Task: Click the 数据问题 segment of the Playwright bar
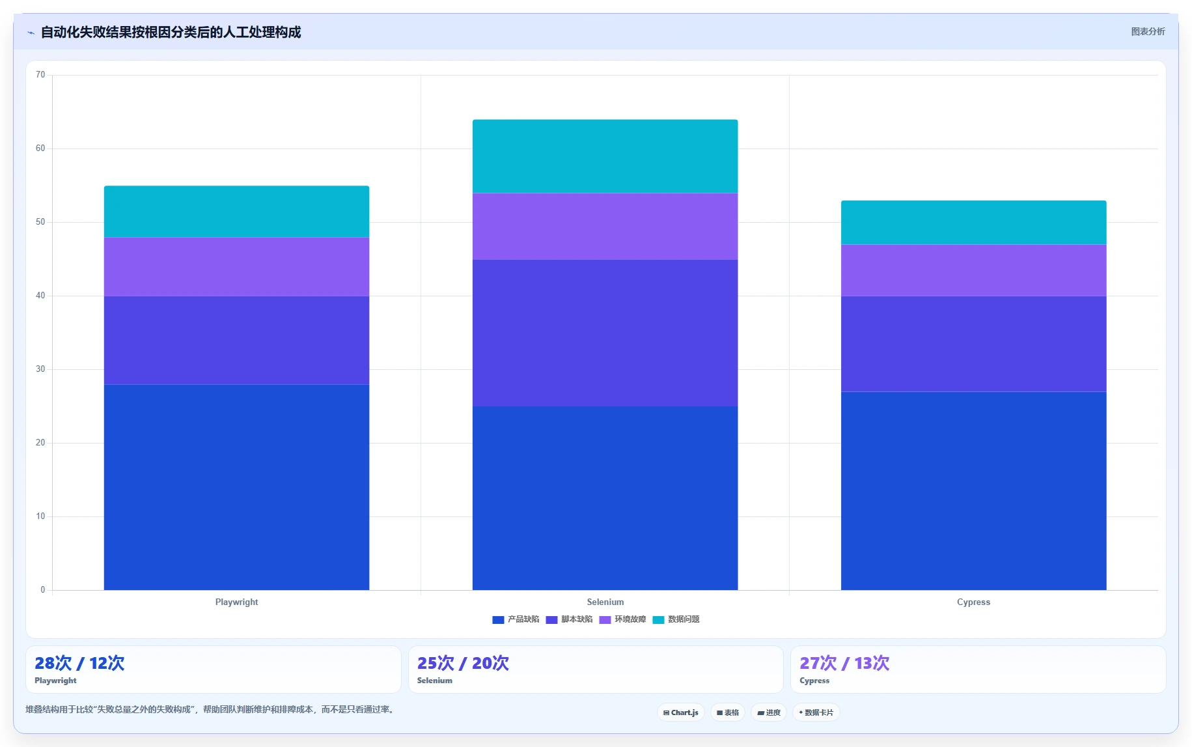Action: pyautogui.click(x=236, y=212)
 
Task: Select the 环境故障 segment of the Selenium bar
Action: pyautogui.click(x=605, y=227)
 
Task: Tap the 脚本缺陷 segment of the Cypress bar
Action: pyautogui.click(x=973, y=344)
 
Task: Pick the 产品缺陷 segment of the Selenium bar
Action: pyautogui.click(x=605, y=498)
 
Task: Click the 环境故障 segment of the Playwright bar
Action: pyautogui.click(x=236, y=267)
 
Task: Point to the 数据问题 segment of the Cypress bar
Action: pyautogui.click(x=973, y=223)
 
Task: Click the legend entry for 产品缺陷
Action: pyautogui.click(x=516, y=619)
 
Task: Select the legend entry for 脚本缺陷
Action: pyautogui.click(x=569, y=619)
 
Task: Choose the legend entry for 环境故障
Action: pyautogui.click(x=622, y=619)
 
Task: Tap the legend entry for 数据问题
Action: pyautogui.click(x=676, y=619)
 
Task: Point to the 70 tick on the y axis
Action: pyautogui.click(x=40, y=75)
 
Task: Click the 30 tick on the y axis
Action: pyautogui.click(x=40, y=369)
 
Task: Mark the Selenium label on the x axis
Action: pyautogui.click(x=605, y=602)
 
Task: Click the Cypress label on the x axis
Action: pyautogui.click(x=973, y=602)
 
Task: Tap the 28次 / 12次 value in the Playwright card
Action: pyautogui.click(x=79, y=663)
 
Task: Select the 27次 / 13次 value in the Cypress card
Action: pyautogui.click(x=844, y=663)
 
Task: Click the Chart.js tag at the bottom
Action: pyautogui.click(x=681, y=712)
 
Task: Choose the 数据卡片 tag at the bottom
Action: pyautogui.click(x=816, y=712)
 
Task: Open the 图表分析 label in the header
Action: pyautogui.click(x=1148, y=31)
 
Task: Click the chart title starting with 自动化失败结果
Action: pyautogui.click(x=171, y=32)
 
